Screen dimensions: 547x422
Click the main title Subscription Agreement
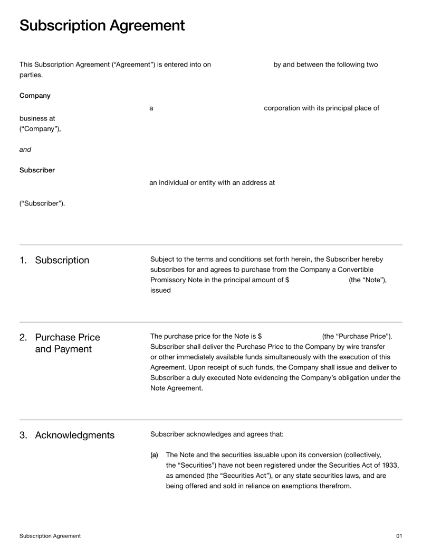point(102,25)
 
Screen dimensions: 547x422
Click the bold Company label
point(35,96)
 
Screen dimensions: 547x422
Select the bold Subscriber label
point(37,170)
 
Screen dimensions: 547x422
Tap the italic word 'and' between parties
point(25,150)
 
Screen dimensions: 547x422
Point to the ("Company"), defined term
point(40,128)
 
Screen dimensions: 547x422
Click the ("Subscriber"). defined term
point(42,203)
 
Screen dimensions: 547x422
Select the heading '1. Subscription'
point(54,260)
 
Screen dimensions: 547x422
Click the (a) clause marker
point(154,455)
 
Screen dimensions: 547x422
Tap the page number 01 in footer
point(399,536)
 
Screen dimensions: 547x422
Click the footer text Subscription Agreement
point(50,536)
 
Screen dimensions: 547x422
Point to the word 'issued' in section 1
point(160,290)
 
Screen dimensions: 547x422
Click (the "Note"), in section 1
point(368,280)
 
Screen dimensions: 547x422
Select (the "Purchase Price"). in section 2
point(357,336)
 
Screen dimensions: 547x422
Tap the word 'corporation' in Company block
point(282,108)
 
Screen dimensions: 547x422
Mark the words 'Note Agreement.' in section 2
point(176,388)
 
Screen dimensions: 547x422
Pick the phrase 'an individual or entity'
point(186,183)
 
